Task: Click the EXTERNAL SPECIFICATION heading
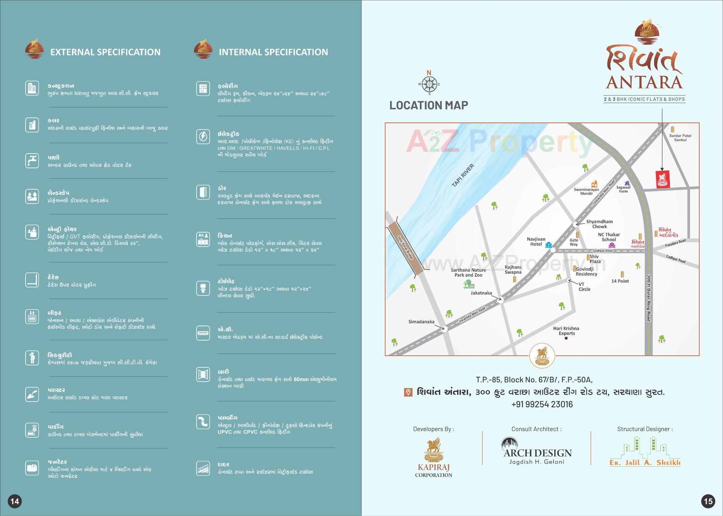coord(105,52)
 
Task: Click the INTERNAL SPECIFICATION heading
coord(273,52)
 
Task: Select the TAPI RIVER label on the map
coord(463,175)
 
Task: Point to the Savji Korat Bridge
coord(406,248)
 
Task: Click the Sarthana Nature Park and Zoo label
coord(468,272)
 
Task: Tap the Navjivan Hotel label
coord(536,242)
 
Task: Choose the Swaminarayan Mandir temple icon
coord(594,184)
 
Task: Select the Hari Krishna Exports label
coord(566,331)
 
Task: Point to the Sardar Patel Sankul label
coord(680,138)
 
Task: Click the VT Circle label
coord(584,287)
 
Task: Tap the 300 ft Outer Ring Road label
coord(649,298)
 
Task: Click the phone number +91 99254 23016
coord(542,404)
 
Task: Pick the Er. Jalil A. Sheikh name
coord(645,463)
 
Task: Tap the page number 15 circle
coord(708,501)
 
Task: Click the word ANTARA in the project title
coord(644,82)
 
